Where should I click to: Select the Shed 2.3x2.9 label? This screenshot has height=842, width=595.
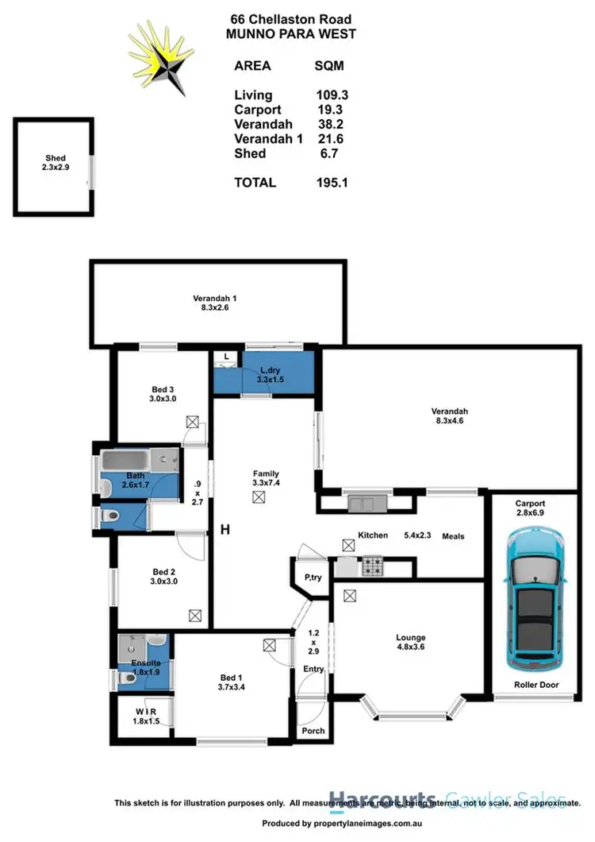[55, 163]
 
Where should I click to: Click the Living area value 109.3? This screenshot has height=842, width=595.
[332, 94]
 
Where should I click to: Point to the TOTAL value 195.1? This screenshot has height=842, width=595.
[332, 183]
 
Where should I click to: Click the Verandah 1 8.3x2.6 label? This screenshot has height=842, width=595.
[215, 303]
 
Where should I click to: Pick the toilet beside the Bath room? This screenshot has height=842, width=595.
[108, 517]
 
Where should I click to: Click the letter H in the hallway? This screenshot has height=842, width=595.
[225, 531]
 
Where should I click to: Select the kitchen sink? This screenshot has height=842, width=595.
[366, 502]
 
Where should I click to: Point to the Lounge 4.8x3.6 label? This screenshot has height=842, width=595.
[410, 642]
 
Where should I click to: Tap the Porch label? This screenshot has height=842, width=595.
[313, 731]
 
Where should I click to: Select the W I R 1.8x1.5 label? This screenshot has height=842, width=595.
[145, 716]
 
